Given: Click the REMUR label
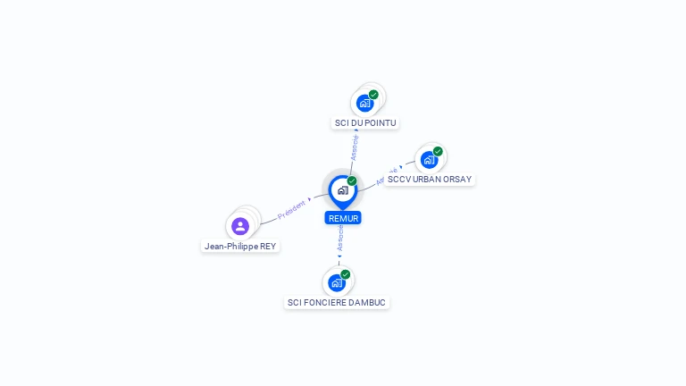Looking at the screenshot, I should coord(343,218).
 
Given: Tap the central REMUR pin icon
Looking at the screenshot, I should coord(342,190).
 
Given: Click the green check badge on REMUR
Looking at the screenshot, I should coord(352,180).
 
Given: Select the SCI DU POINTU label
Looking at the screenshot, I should coord(365,122).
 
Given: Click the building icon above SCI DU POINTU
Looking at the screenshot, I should coord(364,103).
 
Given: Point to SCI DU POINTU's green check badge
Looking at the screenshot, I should coord(373,95).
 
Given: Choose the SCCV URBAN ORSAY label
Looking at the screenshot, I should coord(430,179).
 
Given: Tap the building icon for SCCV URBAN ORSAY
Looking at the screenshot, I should coord(429,160).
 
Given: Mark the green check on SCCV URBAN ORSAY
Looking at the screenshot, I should coord(438,151).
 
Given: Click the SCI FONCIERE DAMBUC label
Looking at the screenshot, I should coord(337,302).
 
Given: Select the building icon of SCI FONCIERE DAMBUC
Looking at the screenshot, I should coord(337,282).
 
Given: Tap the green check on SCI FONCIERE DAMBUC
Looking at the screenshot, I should coord(346,274).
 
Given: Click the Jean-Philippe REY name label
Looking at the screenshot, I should coord(240,246).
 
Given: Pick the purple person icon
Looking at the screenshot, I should coord(240,226).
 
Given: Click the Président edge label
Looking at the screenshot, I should coord(291,210).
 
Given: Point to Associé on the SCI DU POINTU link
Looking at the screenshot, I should coord(355,147).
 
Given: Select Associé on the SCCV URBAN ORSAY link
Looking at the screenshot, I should coord(387,176).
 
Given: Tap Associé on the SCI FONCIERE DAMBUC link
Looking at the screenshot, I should coord(339,238).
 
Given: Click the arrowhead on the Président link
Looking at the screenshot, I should coord(310,199).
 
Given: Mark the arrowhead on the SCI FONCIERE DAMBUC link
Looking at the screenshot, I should coord(339,256).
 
